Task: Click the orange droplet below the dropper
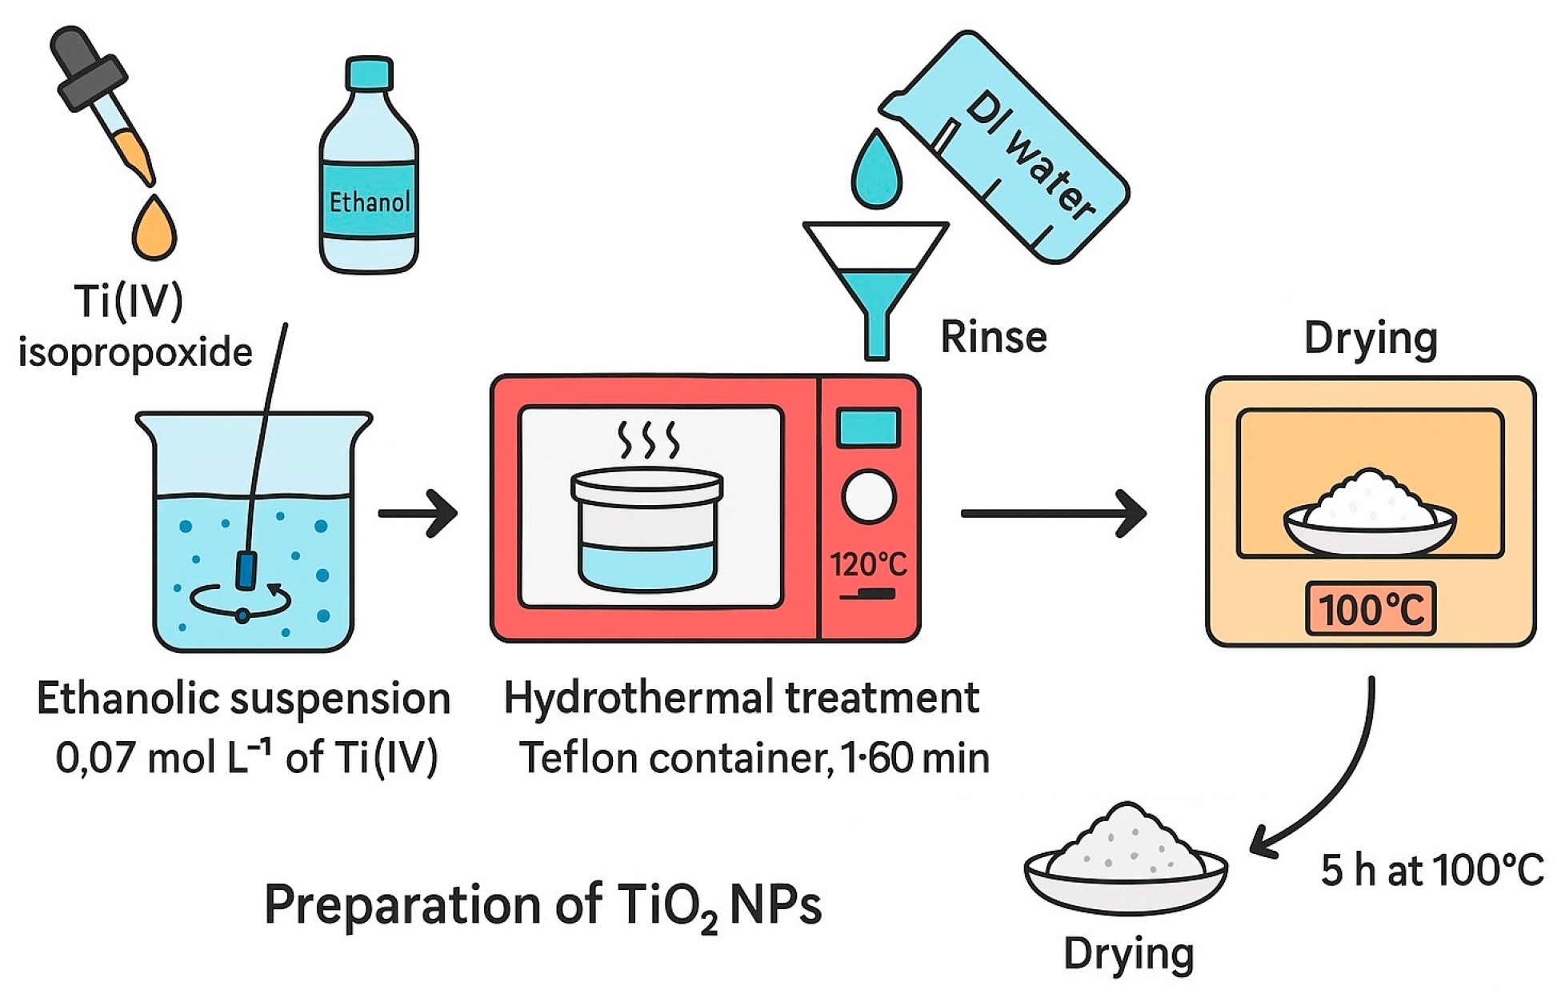154,229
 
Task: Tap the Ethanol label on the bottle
369,201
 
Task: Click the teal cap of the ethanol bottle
369,72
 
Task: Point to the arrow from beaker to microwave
418,513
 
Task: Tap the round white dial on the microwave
868,496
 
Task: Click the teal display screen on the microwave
868,427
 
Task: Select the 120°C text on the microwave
868,565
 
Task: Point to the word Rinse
993,337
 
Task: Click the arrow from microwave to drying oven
1053,513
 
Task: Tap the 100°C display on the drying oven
1371,610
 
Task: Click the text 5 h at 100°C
1431,870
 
